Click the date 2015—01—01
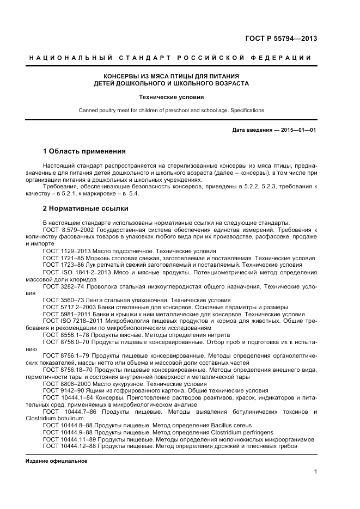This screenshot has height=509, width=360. (x=298, y=130)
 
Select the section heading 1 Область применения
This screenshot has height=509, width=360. (x=84, y=151)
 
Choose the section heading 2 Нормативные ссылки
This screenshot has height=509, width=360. (x=86, y=208)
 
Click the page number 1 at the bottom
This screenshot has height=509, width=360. (x=315, y=471)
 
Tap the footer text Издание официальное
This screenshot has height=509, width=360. (x=57, y=461)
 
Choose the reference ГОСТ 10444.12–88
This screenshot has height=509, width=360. (x=70, y=446)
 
